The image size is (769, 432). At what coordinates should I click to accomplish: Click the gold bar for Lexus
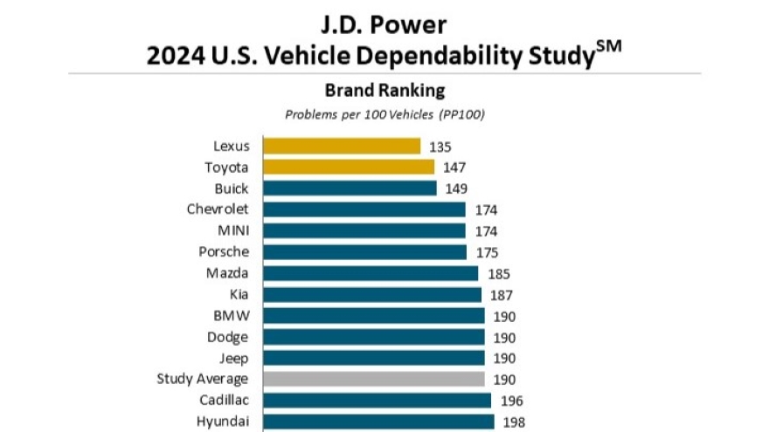(342, 146)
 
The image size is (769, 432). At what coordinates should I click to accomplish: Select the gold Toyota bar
(349, 167)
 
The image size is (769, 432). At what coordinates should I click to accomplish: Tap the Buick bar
(350, 189)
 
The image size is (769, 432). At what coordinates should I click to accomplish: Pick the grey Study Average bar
(373, 379)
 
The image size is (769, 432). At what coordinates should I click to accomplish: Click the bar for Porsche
(364, 252)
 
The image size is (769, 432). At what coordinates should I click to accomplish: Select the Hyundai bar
(378, 422)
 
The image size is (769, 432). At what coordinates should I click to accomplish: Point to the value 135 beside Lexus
(440, 146)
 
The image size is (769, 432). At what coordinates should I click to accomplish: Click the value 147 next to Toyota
(454, 167)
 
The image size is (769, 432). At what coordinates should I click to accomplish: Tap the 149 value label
(455, 189)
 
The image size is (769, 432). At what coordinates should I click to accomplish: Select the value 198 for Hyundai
(513, 422)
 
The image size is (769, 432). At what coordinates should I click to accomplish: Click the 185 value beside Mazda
(497, 273)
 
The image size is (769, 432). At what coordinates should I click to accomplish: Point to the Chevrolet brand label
(218, 209)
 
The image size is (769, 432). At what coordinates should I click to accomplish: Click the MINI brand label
(232, 231)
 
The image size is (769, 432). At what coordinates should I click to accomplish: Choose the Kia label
(239, 294)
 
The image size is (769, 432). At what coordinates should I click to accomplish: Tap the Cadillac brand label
(223, 400)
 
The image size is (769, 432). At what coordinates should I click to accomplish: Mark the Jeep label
(233, 358)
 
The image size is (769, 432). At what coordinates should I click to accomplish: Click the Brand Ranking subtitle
(384, 91)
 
